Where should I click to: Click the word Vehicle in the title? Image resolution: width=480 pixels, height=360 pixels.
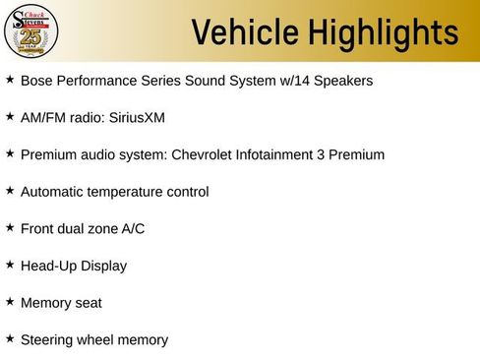[x=244, y=33]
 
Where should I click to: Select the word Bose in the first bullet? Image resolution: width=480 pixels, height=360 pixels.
[x=36, y=81]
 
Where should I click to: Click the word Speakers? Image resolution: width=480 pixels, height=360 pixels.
[x=341, y=81]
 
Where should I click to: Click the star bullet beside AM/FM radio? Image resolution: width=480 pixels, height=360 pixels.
[x=10, y=116]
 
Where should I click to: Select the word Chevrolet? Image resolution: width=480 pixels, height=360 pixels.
[x=208, y=154]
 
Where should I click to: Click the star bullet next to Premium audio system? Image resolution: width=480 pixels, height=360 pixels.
[x=10, y=153]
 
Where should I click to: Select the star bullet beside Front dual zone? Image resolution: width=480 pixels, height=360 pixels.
[x=10, y=227]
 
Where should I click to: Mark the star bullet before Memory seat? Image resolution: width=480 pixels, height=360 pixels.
[x=10, y=301]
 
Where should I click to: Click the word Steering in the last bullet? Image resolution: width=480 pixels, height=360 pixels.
[x=47, y=340]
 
